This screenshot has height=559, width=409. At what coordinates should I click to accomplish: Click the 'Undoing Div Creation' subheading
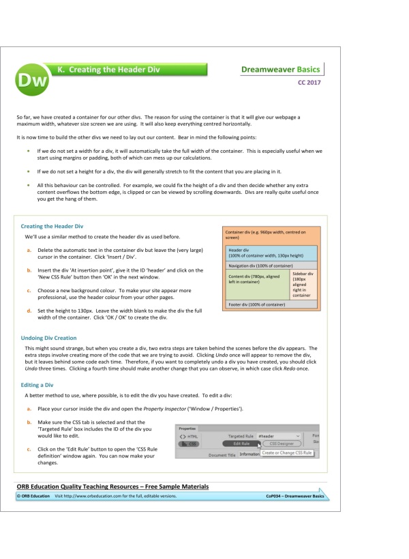[49, 338]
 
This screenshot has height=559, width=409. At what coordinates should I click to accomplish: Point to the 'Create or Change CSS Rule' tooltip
[288, 453]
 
